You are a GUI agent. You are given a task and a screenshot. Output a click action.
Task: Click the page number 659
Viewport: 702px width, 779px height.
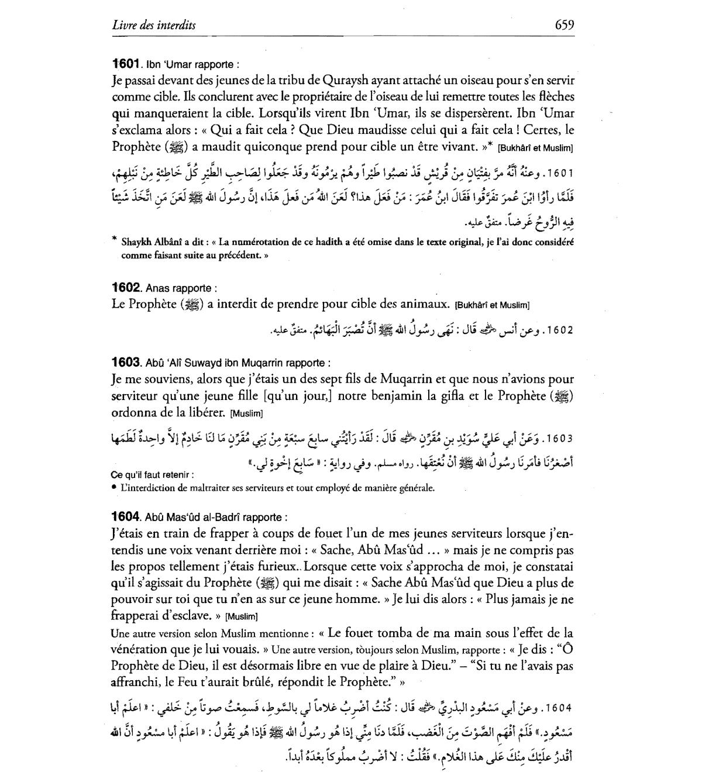(564, 25)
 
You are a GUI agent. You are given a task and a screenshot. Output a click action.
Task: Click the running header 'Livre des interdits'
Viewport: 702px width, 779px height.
(153, 25)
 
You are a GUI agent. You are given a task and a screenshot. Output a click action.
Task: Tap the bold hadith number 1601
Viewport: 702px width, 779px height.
(125, 63)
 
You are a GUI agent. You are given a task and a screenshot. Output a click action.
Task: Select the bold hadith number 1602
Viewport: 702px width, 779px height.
(126, 288)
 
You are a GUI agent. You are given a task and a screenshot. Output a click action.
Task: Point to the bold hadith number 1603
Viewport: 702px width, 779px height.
(126, 363)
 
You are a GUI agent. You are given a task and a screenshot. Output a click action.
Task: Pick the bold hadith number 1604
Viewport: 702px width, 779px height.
(126, 517)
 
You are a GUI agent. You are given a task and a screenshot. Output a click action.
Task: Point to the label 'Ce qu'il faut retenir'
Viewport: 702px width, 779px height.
(152, 475)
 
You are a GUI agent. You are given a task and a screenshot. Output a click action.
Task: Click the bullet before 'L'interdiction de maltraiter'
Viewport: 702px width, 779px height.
(113, 487)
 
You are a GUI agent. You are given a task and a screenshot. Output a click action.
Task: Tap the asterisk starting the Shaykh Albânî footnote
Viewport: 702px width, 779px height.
(114, 239)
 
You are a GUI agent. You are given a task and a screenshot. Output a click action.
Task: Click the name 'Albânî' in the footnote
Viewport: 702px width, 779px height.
(167, 242)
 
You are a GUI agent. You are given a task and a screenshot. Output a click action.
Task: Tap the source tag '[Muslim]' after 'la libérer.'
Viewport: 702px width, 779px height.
(247, 413)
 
